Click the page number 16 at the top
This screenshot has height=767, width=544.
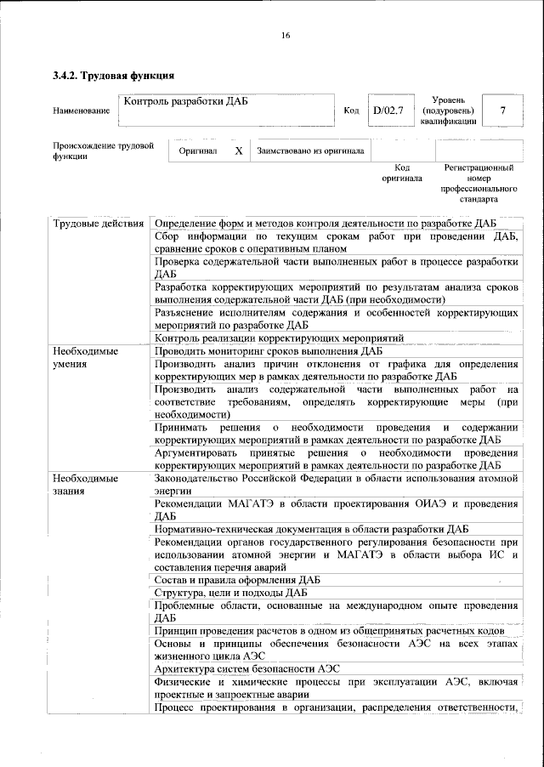pyautogui.click(x=286, y=35)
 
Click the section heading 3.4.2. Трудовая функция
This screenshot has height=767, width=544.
pyautogui.click(x=114, y=76)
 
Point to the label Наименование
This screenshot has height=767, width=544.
pyautogui.click(x=81, y=111)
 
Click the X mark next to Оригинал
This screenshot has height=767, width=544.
pyautogui.click(x=238, y=151)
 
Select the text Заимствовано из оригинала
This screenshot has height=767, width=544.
pyautogui.click(x=311, y=151)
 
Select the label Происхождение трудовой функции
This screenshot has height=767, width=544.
pyautogui.click(x=103, y=151)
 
